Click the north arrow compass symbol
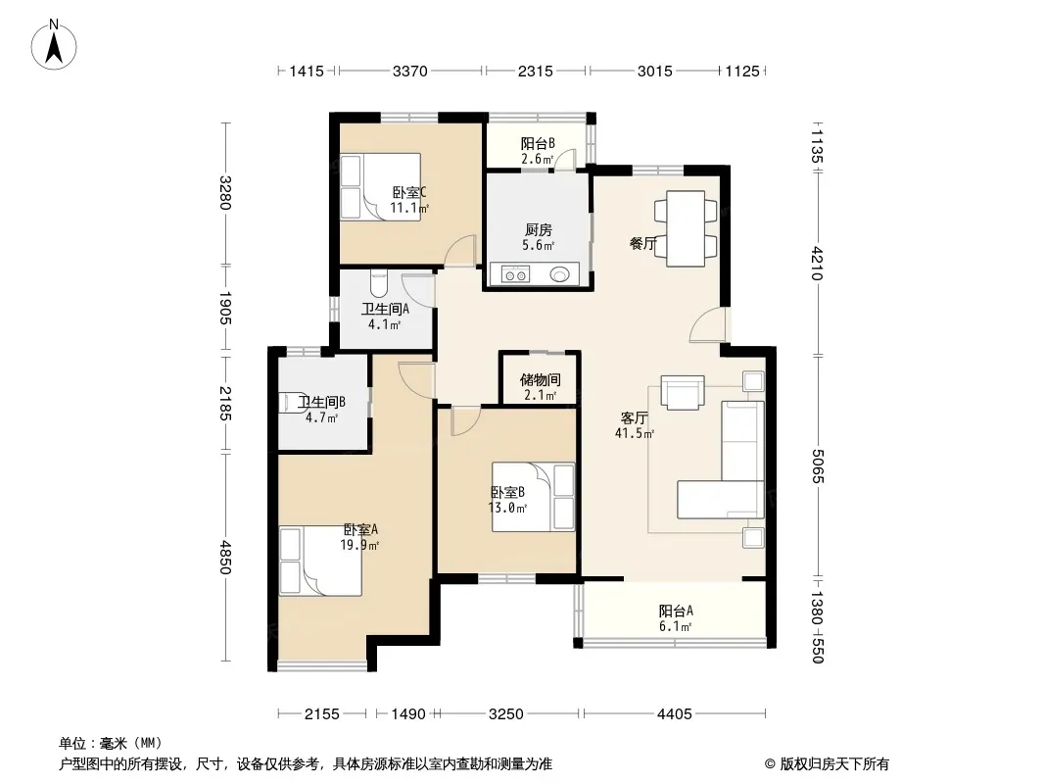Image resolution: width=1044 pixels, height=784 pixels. coord(54,45)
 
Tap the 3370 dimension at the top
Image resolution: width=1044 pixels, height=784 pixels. coord(409,71)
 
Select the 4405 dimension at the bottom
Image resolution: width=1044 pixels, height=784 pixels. coord(675,714)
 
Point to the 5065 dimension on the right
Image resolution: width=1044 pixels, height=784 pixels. coord(818,466)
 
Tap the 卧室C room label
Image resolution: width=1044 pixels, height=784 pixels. coord(408,192)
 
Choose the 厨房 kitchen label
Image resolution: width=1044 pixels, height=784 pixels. coord(538,230)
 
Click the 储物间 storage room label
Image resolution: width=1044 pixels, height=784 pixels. coord(540,379)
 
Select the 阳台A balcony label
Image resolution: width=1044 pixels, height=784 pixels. coord(676,611)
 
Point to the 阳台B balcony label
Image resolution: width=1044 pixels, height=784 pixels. coord(538,143)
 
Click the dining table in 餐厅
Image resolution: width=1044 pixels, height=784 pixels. coord(686,228)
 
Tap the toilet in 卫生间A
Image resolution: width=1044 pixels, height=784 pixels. coord(378,284)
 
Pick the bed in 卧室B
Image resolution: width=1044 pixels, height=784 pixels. coord(533,497)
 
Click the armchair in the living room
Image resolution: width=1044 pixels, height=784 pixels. coord(683,392)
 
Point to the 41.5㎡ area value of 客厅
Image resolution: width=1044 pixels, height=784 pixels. coord(635,433)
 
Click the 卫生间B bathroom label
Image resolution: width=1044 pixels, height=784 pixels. coord(321,403)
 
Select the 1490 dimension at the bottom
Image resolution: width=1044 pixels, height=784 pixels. coord(408,714)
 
